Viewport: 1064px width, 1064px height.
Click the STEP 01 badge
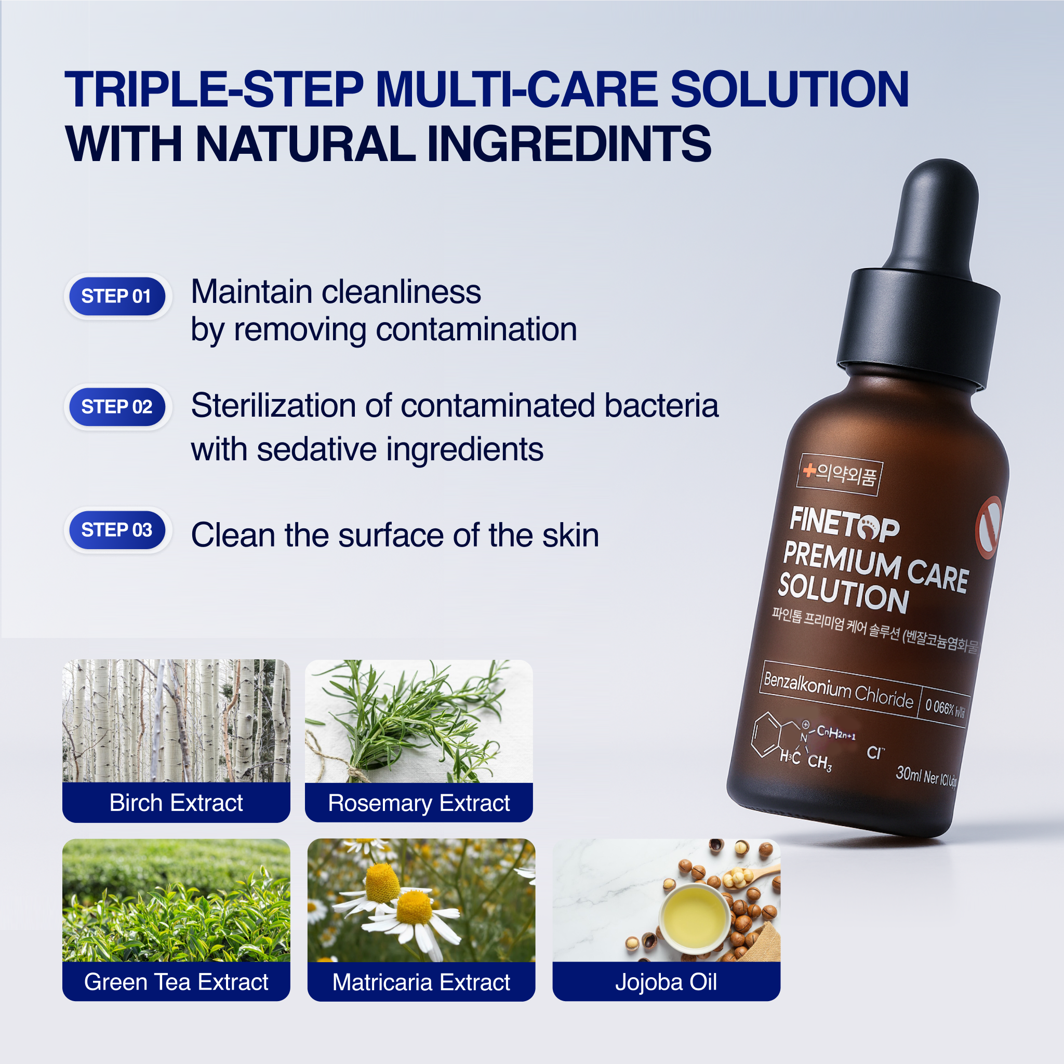(x=117, y=296)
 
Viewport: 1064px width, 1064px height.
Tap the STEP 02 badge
(x=117, y=407)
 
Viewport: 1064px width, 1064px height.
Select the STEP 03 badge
(x=117, y=530)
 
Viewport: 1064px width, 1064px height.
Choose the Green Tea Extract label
(x=176, y=982)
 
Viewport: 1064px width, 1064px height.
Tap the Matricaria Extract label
(x=421, y=982)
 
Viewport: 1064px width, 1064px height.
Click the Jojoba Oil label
(x=666, y=982)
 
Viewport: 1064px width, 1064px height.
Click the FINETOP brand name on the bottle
(x=844, y=525)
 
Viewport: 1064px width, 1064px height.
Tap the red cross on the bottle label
(x=809, y=470)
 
